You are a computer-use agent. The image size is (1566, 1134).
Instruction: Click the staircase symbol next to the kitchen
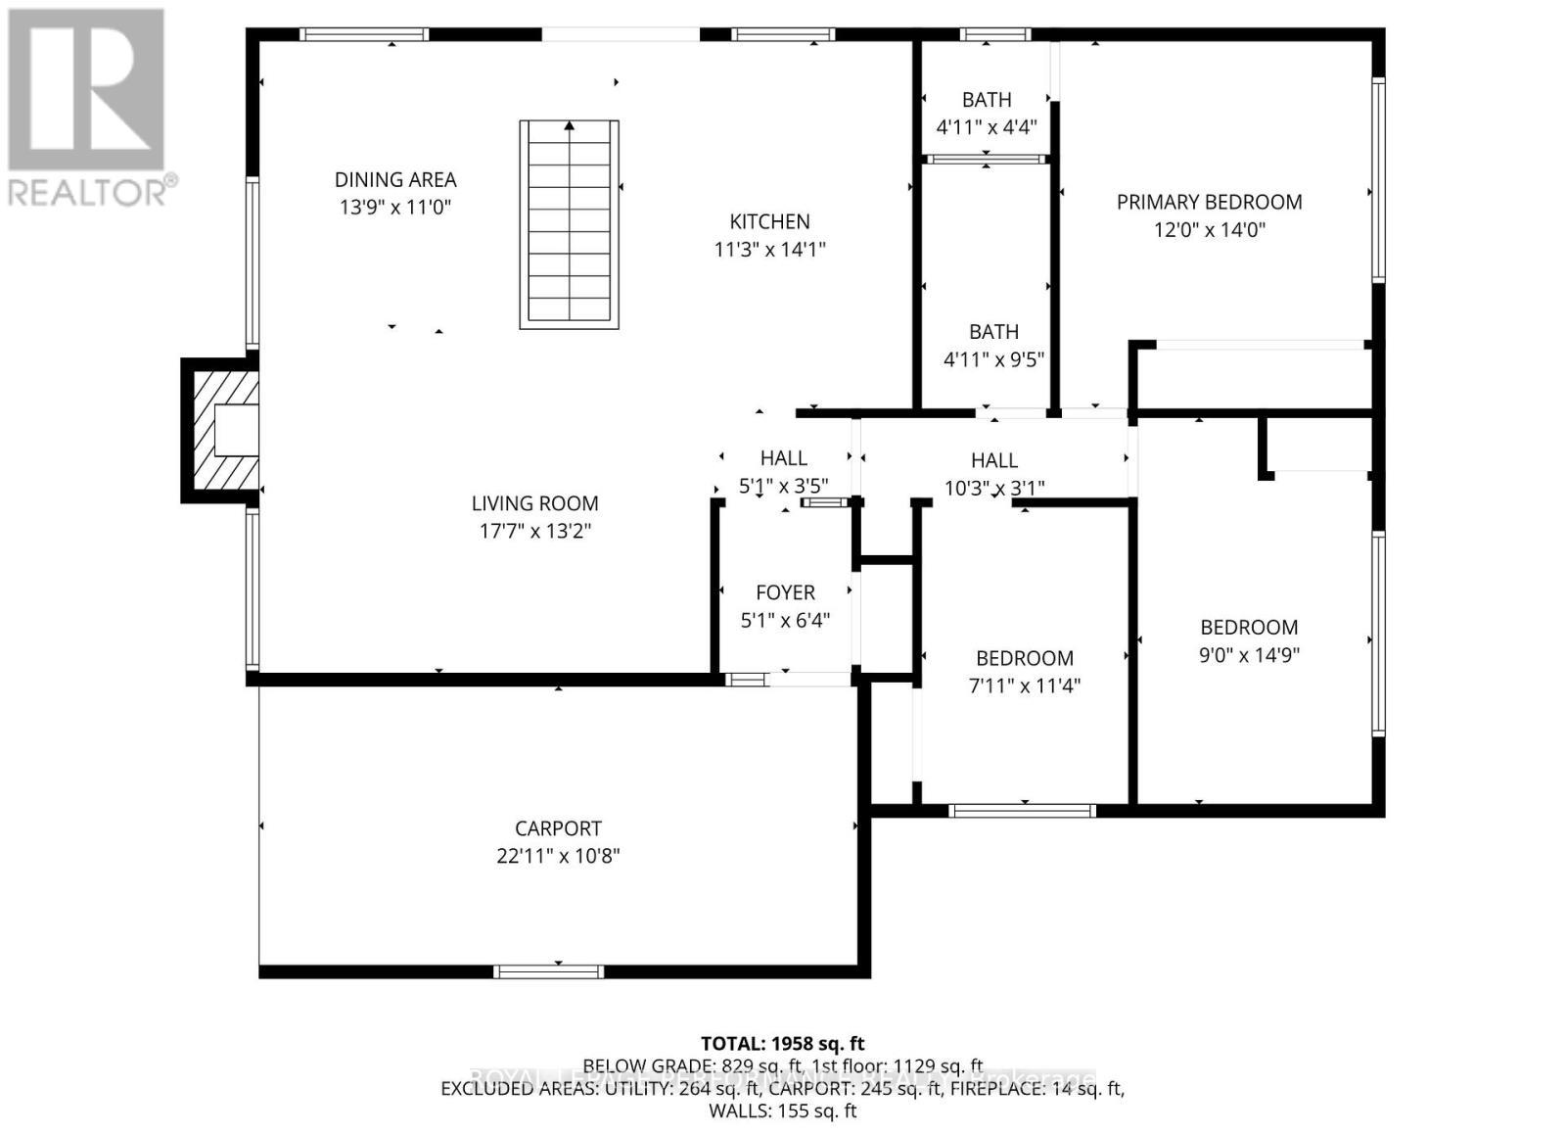coord(569,224)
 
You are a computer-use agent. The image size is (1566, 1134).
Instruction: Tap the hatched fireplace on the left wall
coord(222,430)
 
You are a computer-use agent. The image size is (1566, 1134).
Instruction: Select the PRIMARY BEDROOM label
coord(1209,202)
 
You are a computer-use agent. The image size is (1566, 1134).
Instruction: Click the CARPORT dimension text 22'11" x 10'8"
coord(558,856)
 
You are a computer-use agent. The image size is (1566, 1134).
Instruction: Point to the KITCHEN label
coord(769,221)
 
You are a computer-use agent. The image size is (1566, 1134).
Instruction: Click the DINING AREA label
coord(395,179)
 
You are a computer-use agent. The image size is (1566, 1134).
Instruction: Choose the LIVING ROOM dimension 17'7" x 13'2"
coord(534,531)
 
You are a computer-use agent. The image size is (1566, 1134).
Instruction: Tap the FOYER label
coord(785,592)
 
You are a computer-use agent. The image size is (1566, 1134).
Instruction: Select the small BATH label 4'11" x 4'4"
coord(987,100)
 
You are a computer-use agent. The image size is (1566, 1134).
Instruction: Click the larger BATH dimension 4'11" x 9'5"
coord(993,359)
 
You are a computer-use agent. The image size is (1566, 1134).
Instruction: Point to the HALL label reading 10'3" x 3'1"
coord(994,460)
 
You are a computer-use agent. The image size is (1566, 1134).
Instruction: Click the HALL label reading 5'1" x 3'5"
coord(783,458)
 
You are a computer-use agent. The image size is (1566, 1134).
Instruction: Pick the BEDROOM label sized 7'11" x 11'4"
coord(1024,658)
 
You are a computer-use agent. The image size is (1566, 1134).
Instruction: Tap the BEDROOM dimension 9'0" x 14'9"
coord(1249,655)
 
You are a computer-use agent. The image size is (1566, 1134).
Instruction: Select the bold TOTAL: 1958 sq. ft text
coord(782,1044)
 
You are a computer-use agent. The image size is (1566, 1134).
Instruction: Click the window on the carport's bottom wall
coord(548,971)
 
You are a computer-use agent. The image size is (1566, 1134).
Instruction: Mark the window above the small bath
coord(994,34)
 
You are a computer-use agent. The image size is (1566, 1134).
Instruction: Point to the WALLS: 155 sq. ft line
coord(782,1110)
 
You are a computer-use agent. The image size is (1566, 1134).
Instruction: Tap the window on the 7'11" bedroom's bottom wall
coord(1022,810)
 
